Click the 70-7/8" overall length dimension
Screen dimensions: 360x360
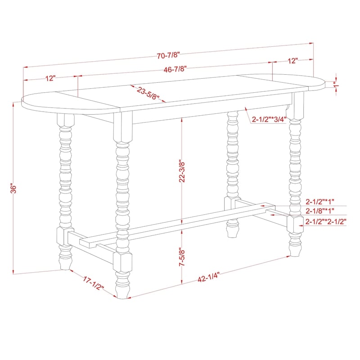(168, 55)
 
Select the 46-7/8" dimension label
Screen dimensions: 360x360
(175, 69)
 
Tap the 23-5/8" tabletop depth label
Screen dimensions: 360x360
(148, 93)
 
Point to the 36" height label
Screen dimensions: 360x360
(14, 189)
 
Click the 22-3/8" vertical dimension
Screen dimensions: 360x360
(182, 171)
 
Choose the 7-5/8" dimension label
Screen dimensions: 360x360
(182, 257)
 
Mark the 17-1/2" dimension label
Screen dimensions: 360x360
(94, 283)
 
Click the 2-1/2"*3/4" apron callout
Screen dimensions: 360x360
(269, 119)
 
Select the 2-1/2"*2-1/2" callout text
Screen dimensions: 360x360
(326, 221)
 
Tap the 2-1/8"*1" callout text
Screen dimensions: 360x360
(320, 210)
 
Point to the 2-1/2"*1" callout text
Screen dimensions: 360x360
(320, 202)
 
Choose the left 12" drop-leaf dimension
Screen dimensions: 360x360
(50, 78)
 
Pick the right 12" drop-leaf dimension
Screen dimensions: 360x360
(293, 61)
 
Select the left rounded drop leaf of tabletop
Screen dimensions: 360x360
(69, 103)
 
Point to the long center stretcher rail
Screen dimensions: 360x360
(177, 222)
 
